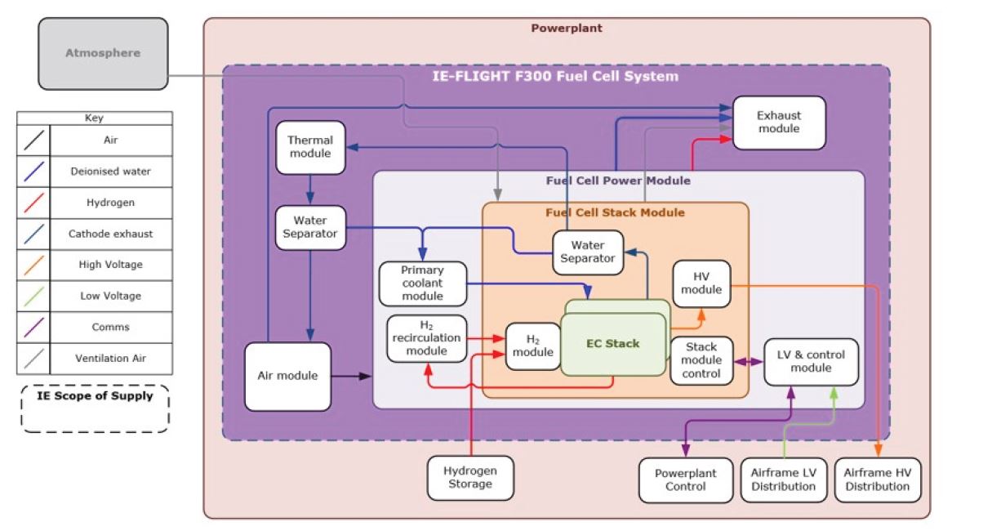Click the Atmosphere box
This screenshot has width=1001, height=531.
pos(103,54)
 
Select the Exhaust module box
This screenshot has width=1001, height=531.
pos(779,123)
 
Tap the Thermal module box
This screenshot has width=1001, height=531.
pos(310,147)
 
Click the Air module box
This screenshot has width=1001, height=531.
pos(288,376)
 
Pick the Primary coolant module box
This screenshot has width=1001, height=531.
pos(423,283)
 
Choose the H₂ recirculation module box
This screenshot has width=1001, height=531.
pos(426,338)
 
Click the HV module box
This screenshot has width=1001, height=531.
pos(701,283)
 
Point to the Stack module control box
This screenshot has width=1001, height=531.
pos(701,360)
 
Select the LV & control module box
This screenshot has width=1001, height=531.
pos(811,361)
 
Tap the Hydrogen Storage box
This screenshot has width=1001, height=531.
pos(470,477)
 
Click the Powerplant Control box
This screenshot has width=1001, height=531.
pos(686,480)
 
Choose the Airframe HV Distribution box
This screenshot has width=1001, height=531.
pos(878,480)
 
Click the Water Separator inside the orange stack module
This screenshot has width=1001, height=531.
pos(588,252)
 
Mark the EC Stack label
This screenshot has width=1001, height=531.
pos(613,343)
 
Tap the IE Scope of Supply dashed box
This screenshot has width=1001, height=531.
pos(95,408)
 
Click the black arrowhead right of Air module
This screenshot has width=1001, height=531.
pos(367,376)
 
